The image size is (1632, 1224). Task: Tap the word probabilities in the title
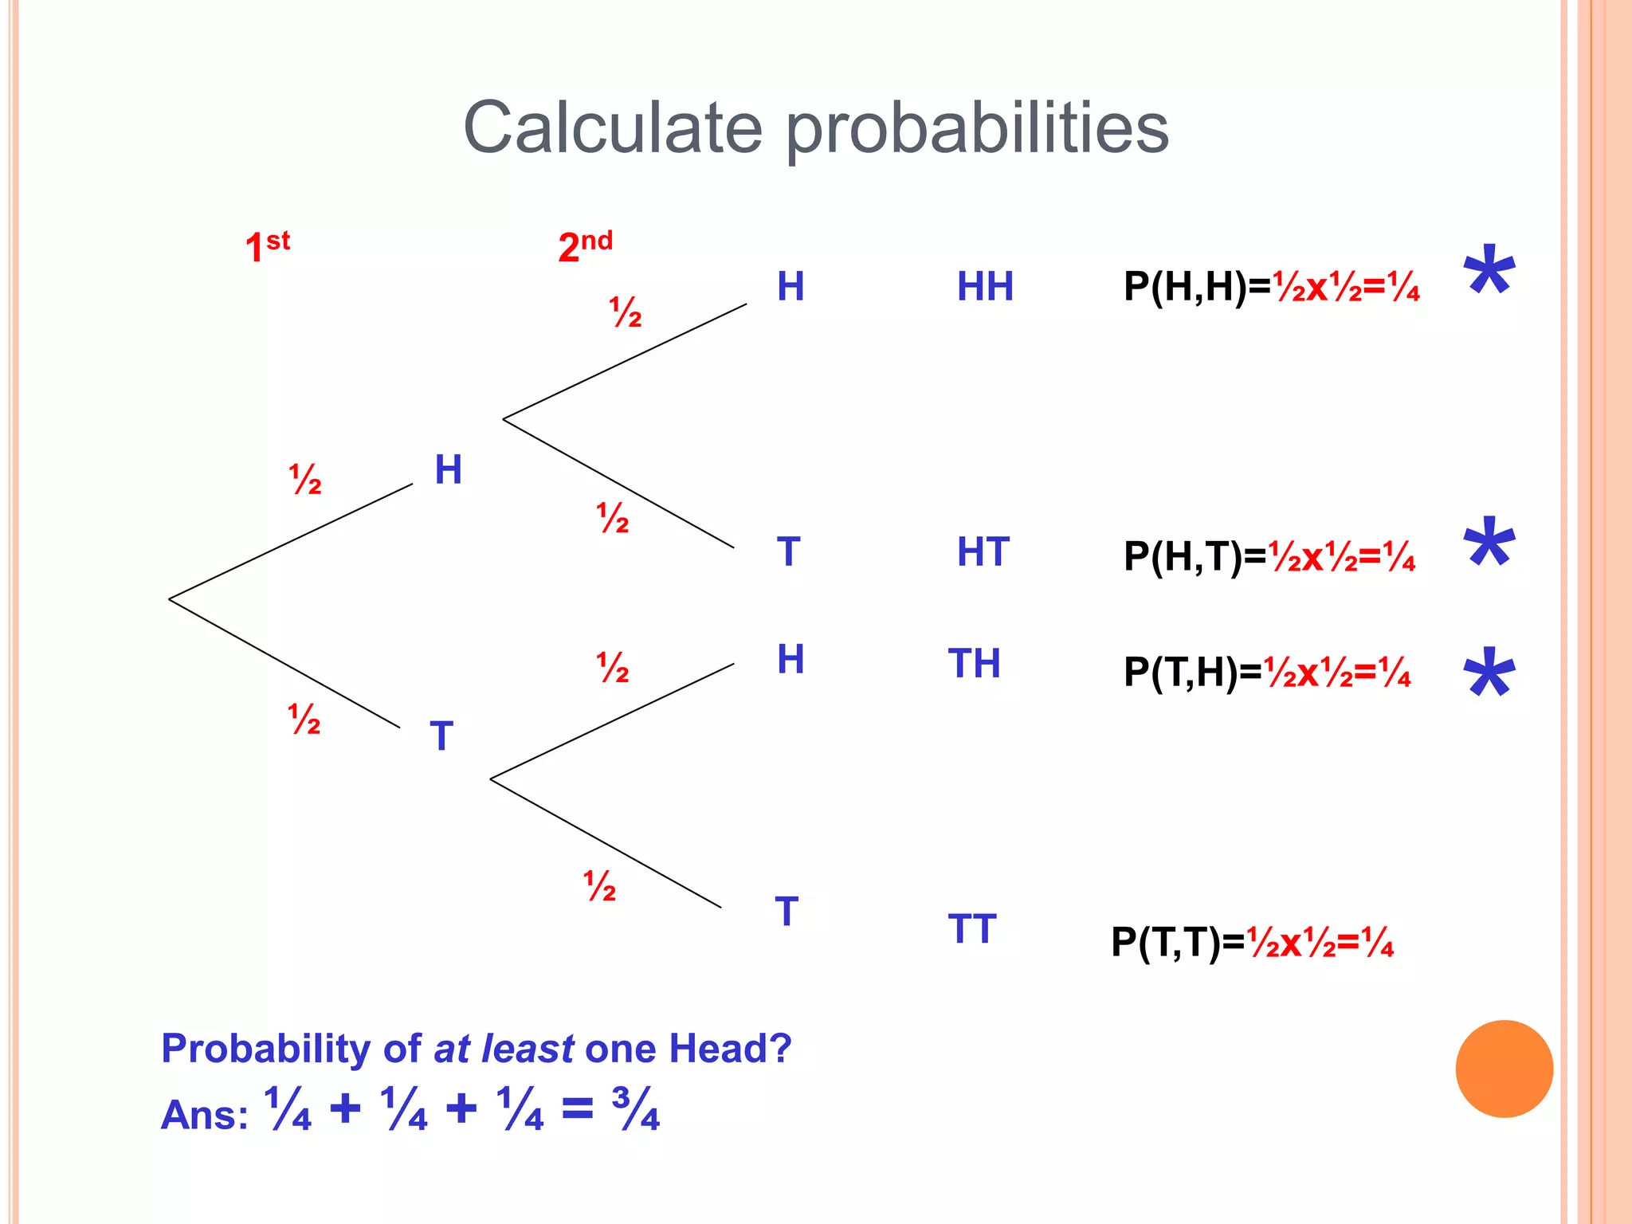pos(977,131)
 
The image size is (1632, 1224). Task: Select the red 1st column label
pos(267,245)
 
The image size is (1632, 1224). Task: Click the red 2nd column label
pos(585,245)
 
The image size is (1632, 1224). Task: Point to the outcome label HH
pos(985,287)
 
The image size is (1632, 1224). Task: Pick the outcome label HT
pos(983,552)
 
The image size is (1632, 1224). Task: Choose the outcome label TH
pos(974,664)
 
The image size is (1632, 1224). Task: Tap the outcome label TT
pos(972,929)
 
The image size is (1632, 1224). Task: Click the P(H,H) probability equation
pos(1271,287)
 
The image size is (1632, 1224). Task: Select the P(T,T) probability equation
pos(1252,943)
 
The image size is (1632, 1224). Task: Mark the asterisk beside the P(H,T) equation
pos(1489,544)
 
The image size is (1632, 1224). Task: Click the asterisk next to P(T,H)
pos(1489,674)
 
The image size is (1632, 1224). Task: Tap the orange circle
pos(1504,1069)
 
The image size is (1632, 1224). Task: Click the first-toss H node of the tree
pos(448,469)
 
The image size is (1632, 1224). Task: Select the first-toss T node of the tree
pos(441,736)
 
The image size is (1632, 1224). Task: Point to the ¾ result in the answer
pos(636,1108)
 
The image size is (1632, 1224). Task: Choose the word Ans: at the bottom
pos(204,1114)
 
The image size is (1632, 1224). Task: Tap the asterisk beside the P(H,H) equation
pos(1489,272)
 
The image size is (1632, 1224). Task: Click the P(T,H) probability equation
pos(1267,673)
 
